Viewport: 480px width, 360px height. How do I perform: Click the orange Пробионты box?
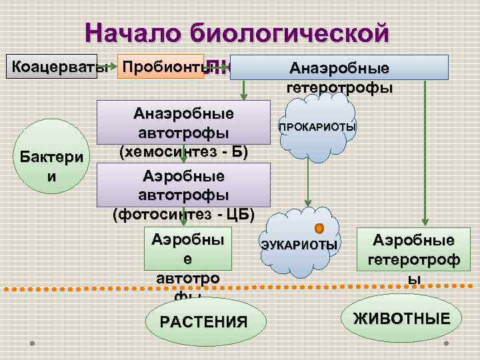160,67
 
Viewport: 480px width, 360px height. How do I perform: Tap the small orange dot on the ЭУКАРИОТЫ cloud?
320,227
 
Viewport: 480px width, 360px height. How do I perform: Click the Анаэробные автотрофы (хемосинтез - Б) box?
183,131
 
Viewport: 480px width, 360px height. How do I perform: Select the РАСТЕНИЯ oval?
203,322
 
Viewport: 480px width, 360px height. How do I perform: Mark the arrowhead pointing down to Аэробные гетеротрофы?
425,223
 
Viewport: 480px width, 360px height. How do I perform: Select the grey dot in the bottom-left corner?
32,343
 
